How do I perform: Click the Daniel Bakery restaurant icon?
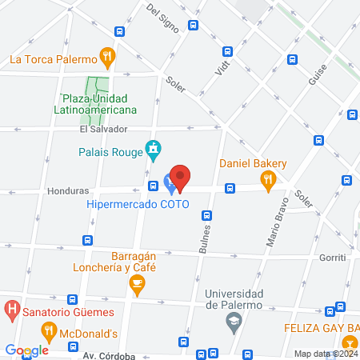click(x=269, y=182)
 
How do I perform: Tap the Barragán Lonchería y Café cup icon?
click(x=138, y=282)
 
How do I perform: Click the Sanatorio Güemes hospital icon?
click(x=12, y=308)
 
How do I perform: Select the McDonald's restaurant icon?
click(x=49, y=330)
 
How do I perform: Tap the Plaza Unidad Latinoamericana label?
click(x=95, y=104)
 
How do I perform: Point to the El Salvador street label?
click(x=103, y=129)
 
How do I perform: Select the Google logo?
click(x=27, y=350)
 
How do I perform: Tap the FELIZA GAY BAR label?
click(x=321, y=329)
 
